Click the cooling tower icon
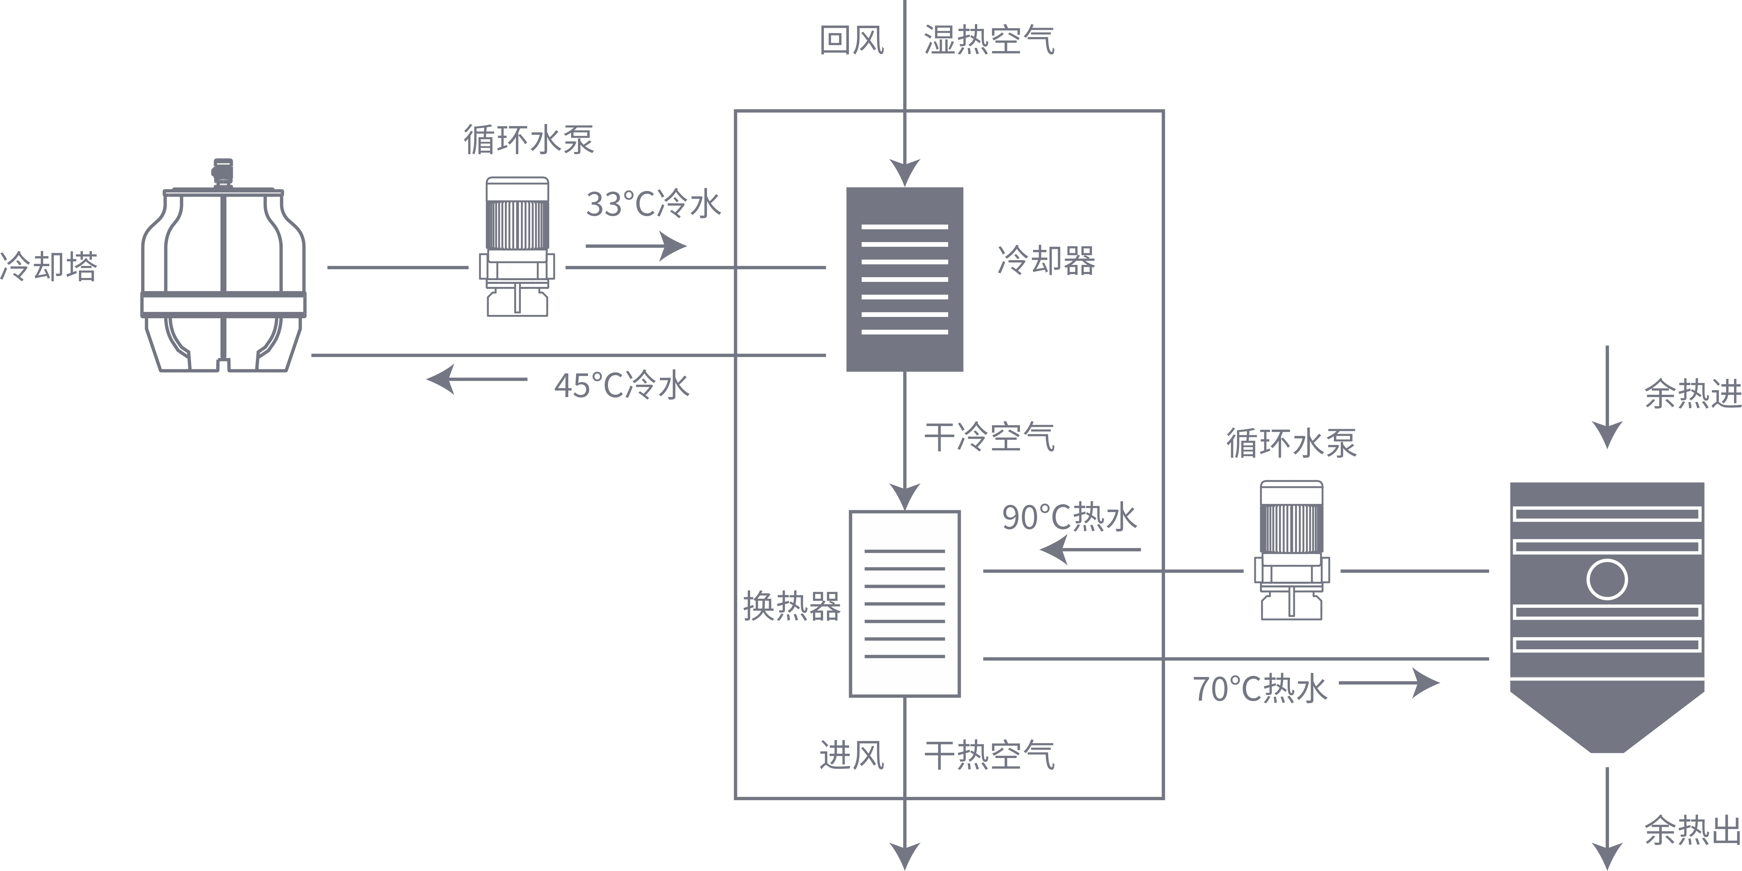pyautogui.click(x=223, y=271)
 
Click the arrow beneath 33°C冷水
pyautogui.click(x=636, y=245)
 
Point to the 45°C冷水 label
pyautogui.click(x=621, y=385)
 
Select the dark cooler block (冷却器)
pyautogui.click(x=904, y=279)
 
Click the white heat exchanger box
pyautogui.click(x=904, y=603)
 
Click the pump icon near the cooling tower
pyautogui.click(x=517, y=247)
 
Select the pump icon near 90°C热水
pyautogui.click(x=1292, y=550)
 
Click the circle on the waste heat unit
pyautogui.click(x=1607, y=579)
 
